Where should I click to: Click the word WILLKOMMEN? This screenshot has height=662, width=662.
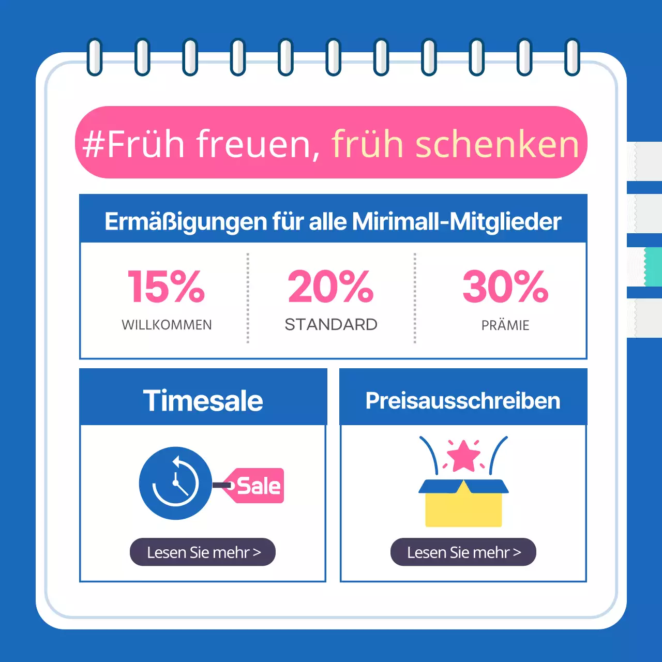point(167,325)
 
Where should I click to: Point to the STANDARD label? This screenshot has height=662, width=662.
point(331,325)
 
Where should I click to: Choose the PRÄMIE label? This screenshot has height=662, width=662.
point(505,325)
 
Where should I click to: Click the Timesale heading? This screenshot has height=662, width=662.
point(203,401)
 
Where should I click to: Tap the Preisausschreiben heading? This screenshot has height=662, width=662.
point(463,401)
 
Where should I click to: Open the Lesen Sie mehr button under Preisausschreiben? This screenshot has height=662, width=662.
point(463,552)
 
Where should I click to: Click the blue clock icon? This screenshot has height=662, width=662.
point(175,484)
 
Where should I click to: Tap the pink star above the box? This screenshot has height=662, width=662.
point(463,456)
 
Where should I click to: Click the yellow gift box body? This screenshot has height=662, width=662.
point(463,509)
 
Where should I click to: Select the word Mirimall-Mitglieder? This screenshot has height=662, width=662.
point(456,221)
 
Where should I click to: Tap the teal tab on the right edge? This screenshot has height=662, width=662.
point(653,266)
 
